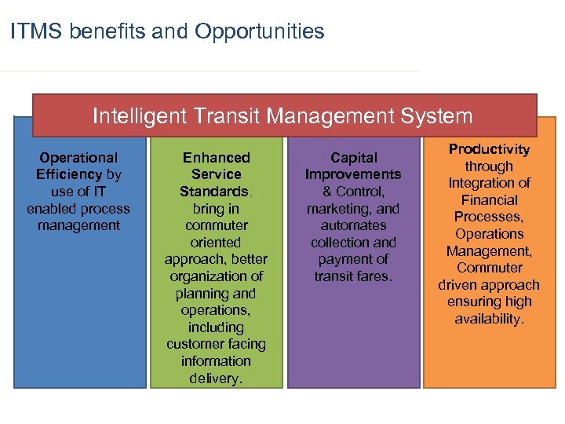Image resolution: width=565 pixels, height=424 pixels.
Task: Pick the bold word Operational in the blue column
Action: tap(78, 158)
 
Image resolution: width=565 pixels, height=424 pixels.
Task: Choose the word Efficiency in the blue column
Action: tap(69, 174)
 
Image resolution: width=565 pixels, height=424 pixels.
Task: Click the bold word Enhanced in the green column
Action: tap(216, 158)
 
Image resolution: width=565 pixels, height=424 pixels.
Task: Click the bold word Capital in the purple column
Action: tap(353, 158)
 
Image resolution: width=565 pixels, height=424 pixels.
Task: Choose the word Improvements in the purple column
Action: tap(353, 174)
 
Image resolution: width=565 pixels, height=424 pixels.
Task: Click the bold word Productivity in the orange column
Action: tap(489, 149)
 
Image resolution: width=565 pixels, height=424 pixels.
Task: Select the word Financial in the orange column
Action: tap(489, 200)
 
